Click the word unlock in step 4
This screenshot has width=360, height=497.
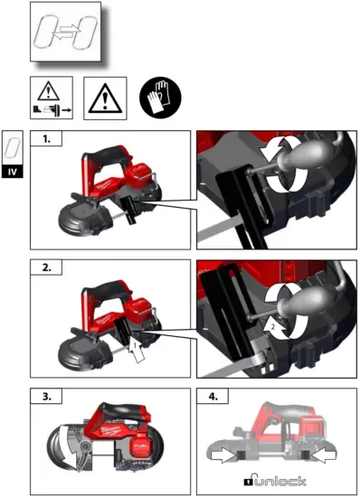point(280,480)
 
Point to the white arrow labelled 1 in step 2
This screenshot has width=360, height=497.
point(135,347)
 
